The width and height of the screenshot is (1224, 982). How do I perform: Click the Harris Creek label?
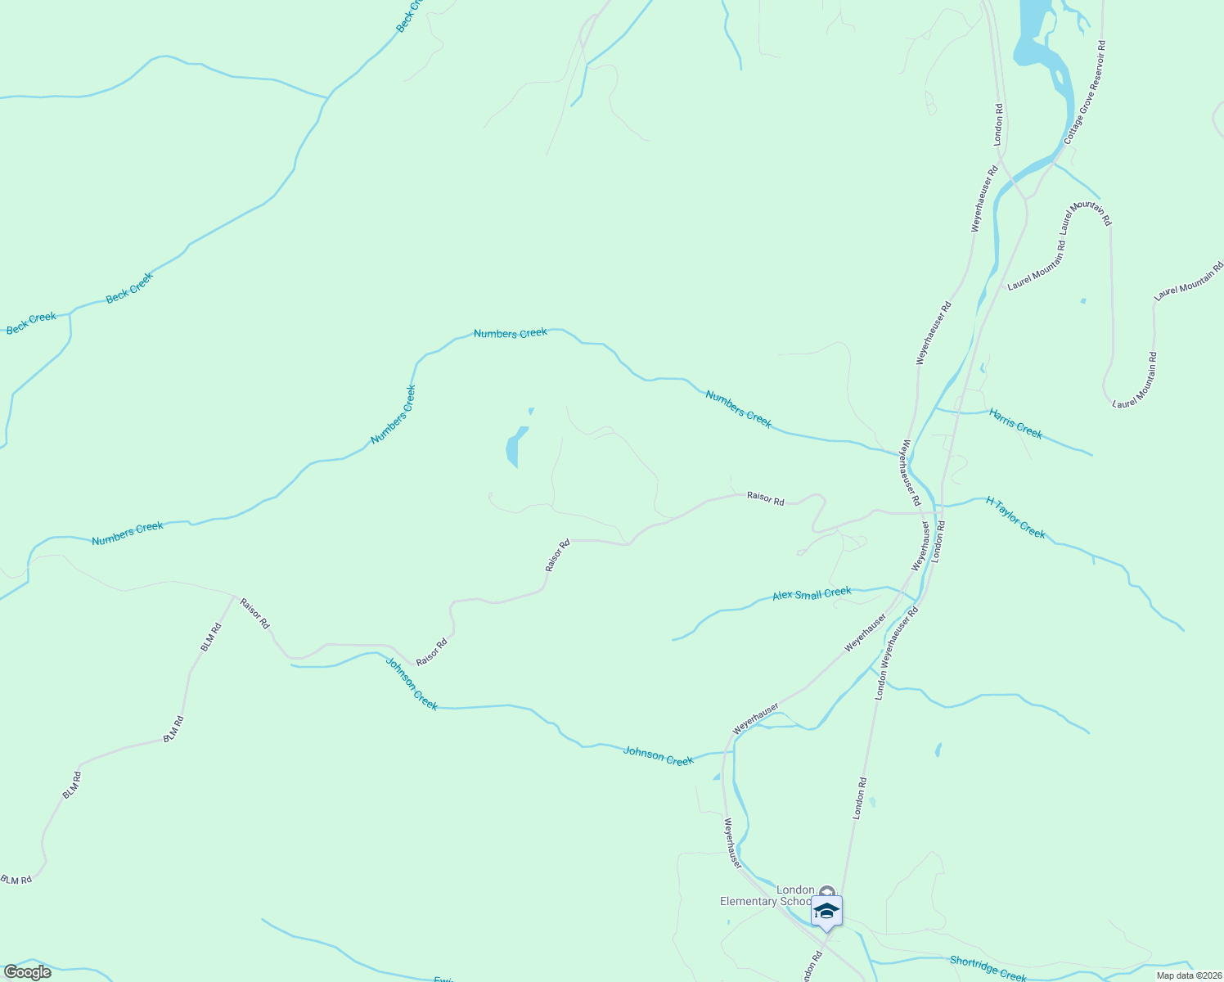pyautogui.click(x=1015, y=423)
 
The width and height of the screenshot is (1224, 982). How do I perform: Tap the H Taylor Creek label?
pyautogui.click(x=1015, y=518)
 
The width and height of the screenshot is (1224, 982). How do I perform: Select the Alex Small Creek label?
pyautogui.click(x=812, y=594)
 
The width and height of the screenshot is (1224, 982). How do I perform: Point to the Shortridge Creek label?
pyautogui.click(x=988, y=969)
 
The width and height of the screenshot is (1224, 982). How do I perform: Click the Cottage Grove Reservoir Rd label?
pyautogui.click(x=1085, y=92)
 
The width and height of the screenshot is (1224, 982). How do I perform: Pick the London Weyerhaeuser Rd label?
pyautogui.click(x=897, y=653)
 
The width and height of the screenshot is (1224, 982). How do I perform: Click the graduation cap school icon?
pyautogui.click(x=826, y=911)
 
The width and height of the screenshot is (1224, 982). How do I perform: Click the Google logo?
pyautogui.click(x=28, y=972)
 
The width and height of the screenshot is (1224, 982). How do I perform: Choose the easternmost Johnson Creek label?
pyautogui.click(x=658, y=755)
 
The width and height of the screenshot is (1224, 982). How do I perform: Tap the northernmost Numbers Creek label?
pyautogui.click(x=510, y=333)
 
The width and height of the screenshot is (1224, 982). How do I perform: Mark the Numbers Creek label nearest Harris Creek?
pyautogui.click(x=738, y=408)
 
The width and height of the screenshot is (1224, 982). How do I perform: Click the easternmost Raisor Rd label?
pyautogui.click(x=765, y=498)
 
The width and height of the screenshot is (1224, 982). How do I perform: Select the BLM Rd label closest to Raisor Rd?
pyautogui.click(x=211, y=637)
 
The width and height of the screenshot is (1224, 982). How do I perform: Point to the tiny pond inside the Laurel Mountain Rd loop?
pyautogui.click(x=1082, y=301)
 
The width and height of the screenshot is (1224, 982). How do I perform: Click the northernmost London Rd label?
pyautogui.click(x=998, y=124)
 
